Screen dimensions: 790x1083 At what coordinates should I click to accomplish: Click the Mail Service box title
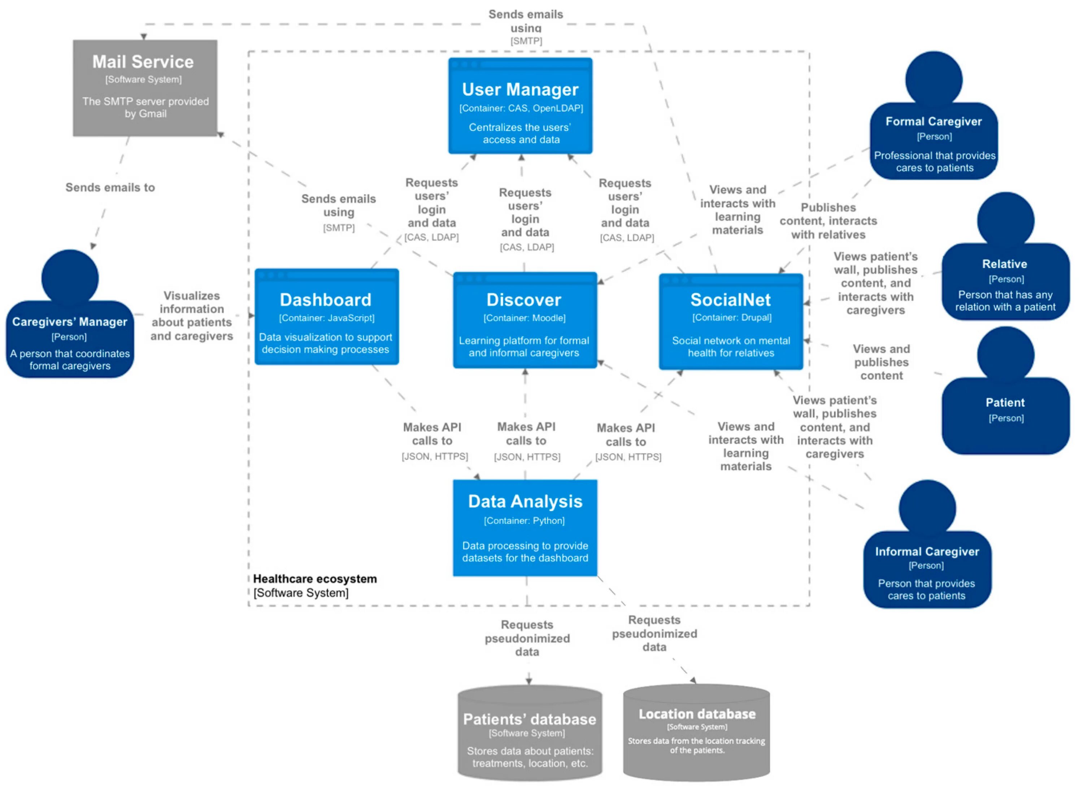tap(143, 62)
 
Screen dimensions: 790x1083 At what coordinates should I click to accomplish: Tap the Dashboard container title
tap(326, 300)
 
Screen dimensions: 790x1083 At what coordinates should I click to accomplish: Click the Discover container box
tap(525, 320)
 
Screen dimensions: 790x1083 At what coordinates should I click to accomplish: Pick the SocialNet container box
tap(731, 321)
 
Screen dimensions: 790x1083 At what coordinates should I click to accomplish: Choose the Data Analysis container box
tap(525, 528)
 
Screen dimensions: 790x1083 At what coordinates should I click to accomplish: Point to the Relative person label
tap(1005, 264)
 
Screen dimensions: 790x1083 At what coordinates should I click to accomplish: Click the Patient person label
tap(1005, 403)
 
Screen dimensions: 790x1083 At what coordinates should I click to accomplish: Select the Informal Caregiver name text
tap(927, 551)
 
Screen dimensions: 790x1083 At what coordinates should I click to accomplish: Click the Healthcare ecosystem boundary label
tap(315, 579)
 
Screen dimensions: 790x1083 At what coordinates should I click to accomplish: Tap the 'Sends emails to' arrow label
tap(110, 187)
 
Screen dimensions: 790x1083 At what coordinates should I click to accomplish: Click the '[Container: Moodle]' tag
tap(525, 318)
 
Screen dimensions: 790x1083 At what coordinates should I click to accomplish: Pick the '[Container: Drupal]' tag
tap(731, 317)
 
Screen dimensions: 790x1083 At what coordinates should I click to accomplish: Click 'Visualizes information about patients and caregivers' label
tap(191, 316)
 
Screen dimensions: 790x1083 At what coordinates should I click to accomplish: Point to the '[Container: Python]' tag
tap(525, 521)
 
